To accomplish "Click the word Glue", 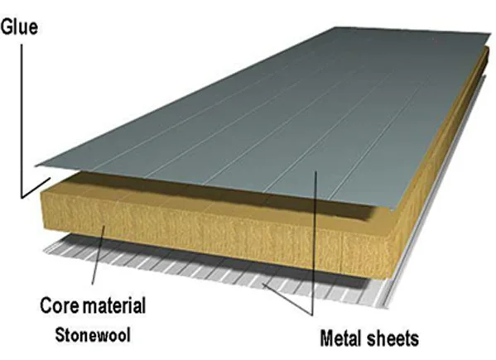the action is click(19, 26).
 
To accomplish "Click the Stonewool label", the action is click(93, 334).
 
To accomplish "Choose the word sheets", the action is click(392, 338).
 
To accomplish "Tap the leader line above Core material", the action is click(98, 254).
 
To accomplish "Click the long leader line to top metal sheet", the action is click(314, 242).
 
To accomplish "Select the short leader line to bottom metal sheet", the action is click(287, 299).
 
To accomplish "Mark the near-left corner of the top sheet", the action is click(36, 166).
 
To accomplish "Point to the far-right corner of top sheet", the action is click(492, 33).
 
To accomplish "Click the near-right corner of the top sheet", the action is click(392, 210).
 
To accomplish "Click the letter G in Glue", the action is click(7, 26).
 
